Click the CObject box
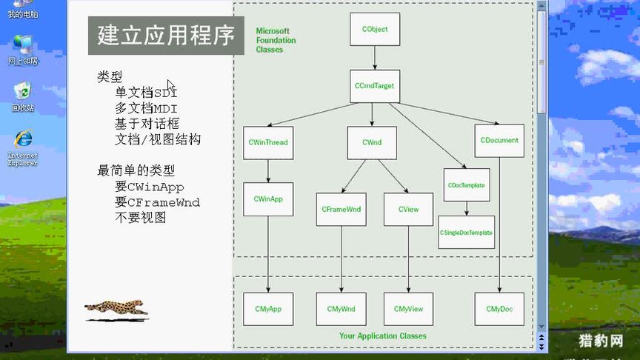(375, 30)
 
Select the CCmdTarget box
(375, 86)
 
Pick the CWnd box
(372, 142)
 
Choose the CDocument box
(499, 140)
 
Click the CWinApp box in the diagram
(268, 199)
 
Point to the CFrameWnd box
(341, 210)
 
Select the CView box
(408, 210)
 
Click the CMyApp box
(268, 309)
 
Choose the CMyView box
(408, 309)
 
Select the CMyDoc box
(499, 309)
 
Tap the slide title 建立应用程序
(166, 36)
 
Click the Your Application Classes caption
(383, 336)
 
